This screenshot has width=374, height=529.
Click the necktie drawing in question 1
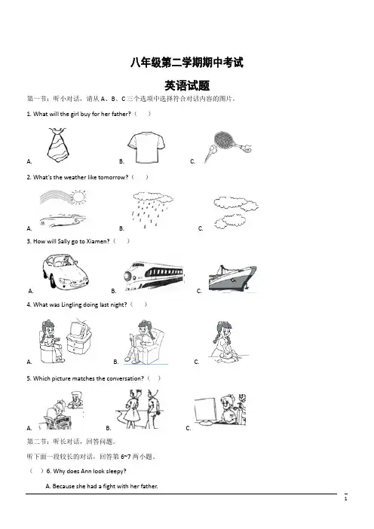pos(58,145)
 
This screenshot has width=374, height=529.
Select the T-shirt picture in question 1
pos(146,148)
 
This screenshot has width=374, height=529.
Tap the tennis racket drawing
pos(228,147)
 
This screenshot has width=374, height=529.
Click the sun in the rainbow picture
pos(78,197)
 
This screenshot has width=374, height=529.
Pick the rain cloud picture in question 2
pos(152,209)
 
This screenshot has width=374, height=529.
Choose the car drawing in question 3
pos(66,271)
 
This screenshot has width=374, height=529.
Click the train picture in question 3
pos(154,275)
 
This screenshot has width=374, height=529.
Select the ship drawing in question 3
pos(232,278)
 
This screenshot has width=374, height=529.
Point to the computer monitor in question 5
pos(205,410)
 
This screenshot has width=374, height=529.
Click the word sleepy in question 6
pos(116,471)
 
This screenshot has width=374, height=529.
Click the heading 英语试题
pos(187,86)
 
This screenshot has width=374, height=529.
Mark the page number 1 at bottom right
pos(345,498)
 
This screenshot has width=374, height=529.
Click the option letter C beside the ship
pos(199,291)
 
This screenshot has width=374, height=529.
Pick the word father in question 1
pos(121,114)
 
